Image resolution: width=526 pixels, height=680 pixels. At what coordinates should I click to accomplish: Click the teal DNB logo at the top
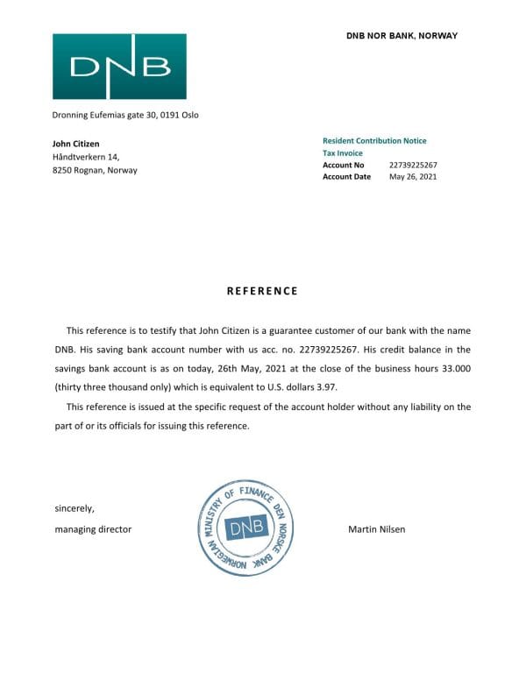(119, 66)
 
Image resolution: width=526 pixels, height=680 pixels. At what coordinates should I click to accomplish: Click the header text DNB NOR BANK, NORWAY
(402, 36)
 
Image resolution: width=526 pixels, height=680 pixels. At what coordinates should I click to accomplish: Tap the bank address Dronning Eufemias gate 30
(125, 115)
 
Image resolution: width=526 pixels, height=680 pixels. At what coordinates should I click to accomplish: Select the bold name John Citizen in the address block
(76, 144)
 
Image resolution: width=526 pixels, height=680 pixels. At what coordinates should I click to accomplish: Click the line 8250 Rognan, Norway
(95, 171)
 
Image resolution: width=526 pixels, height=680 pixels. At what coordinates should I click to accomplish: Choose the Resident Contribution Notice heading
(374, 141)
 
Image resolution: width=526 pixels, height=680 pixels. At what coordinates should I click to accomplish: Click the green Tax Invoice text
(342, 153)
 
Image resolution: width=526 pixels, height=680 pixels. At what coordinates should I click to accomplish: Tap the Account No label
(343, 165)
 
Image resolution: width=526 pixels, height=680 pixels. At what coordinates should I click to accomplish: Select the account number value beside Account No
(413, 165)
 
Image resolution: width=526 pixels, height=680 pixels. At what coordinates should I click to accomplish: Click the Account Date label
(346, 177)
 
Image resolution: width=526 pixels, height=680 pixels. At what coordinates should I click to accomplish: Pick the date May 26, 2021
(413, 177)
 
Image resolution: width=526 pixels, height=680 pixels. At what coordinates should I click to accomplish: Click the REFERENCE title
(262, 291)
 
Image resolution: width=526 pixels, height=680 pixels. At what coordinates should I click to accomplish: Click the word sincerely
(75, 508)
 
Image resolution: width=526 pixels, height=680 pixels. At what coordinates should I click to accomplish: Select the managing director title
(93, 529)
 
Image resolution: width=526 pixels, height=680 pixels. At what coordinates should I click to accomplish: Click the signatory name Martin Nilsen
(377, 529)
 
